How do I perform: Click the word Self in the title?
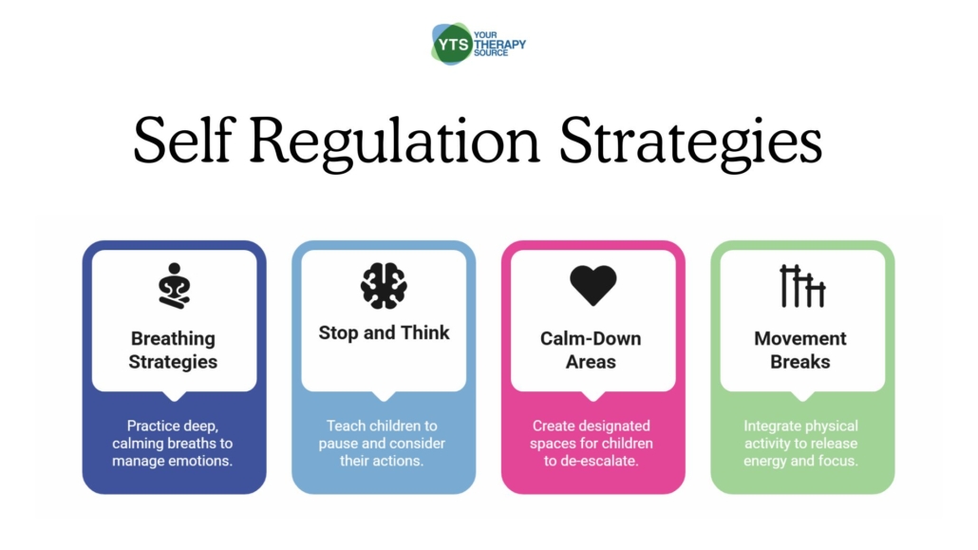click(x=189, y=142)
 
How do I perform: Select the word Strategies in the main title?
click(x=691, y=142)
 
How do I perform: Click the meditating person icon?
click(x=174, y=284)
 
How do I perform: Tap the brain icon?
click(x=384, y=286)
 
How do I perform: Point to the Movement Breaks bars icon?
click(x=802, y=286)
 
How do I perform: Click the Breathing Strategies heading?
click(x=174, y=350)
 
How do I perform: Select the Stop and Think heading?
click(x=384, y=332)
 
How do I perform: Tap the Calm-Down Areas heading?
click(x=592, y=350)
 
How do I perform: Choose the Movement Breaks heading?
click(x=800, y=350)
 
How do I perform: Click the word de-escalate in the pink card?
click(x=605, y=461)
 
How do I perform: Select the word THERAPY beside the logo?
click(x=503, y=45)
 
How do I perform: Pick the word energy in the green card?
click(x=768, y=461)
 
